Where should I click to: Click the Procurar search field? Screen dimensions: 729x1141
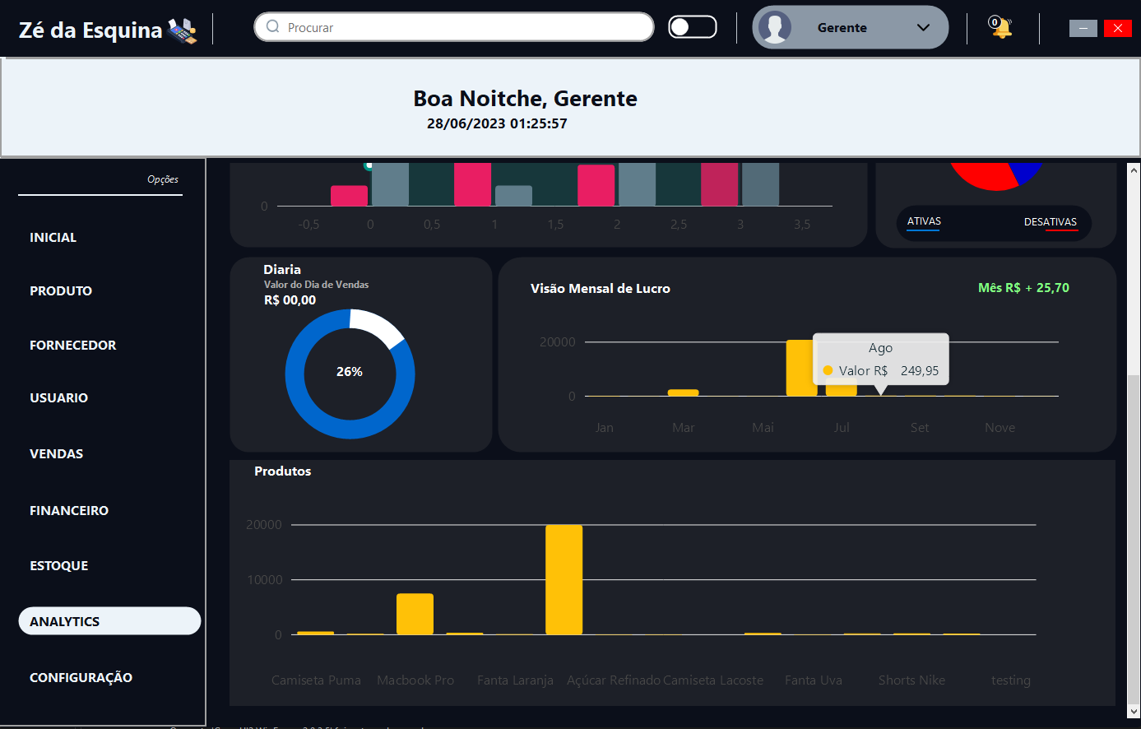click(461, 27)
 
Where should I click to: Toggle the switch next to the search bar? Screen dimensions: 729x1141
click(692, 27)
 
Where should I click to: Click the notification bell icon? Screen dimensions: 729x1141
click(1001, 28)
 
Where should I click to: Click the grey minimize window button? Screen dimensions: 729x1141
click(1083, 29)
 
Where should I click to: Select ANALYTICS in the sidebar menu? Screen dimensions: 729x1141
click(109, 621)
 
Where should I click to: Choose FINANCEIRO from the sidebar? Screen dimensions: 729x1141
click(69, 510)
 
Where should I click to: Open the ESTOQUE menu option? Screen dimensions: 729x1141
click(59, 565)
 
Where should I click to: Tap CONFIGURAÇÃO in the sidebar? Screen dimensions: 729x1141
click(81, 677)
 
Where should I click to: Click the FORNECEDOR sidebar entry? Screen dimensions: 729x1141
click(73, 345)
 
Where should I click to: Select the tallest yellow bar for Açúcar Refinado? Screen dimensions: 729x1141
click(564, 579)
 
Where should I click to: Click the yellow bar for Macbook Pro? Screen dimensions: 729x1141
click(415, 614)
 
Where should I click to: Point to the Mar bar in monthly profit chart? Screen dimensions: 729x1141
click(683, 392)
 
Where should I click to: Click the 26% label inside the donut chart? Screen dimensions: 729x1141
click(350, 372)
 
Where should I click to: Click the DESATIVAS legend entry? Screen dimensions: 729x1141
click(1050, 222)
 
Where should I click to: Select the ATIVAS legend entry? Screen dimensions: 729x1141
click(924, 221)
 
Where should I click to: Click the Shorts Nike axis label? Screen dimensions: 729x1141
click(911, 680)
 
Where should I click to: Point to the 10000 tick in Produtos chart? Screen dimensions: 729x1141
click(264, 580)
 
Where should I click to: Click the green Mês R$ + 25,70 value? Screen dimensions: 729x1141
click(1023, 288)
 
